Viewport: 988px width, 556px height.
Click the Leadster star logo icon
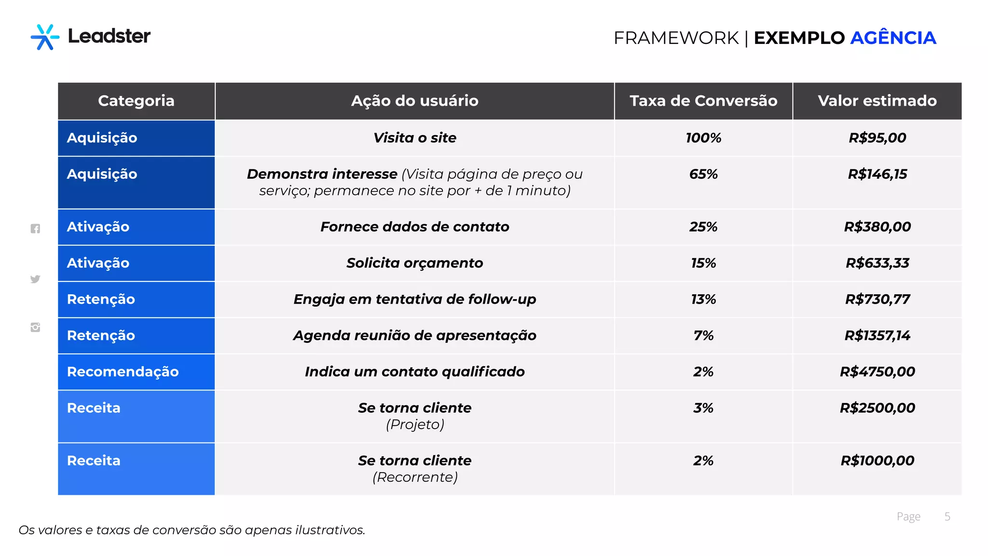click(45, 37)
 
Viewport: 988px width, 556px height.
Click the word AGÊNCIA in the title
click(892, 38)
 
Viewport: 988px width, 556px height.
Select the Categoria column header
click(136, 101)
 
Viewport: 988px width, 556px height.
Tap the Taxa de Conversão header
click(703, 101)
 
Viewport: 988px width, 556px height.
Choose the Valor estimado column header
click(877, 101)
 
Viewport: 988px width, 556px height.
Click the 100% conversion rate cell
click(703, 138)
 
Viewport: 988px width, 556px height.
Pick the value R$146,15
click(877, 174)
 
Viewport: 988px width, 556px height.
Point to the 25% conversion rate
click(703, 227)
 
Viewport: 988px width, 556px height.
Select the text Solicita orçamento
click(414, 263)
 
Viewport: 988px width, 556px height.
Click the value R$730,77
click(877, 299)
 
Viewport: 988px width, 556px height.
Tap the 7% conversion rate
click(703, 335)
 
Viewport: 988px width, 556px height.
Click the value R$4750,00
click(877, 372)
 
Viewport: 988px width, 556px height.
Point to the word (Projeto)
click(415, 425)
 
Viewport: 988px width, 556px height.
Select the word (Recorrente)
click(415, 477)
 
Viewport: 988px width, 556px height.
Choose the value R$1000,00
click(877, 460)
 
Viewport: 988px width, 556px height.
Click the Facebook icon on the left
click(35, 229)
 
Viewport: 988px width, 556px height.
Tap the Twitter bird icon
click(35, 279)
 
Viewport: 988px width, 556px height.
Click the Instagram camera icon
click(35, 327)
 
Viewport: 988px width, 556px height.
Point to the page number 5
click(947, 516)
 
